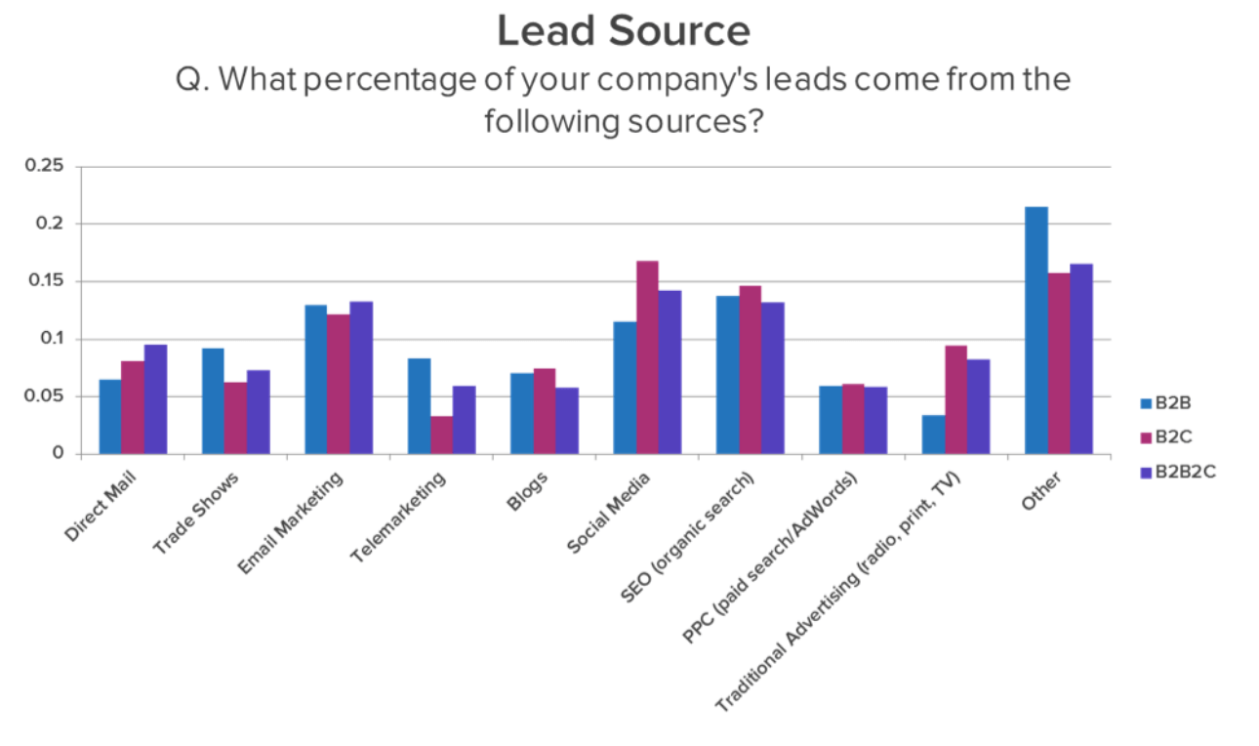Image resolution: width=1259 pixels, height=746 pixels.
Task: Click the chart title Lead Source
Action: pyautogui.click(x=624, y=30)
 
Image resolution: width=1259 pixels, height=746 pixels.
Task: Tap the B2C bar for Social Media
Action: pyautogui.click(x=647, y=357)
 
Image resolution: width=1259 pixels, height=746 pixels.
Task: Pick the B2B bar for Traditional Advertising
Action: pyautogui.click(x=933, y=435)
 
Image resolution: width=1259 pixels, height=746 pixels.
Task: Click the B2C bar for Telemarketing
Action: pyautogui.click(x=442, y=435)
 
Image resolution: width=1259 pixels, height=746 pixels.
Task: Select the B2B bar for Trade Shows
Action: pyautogui.click(x=213, y=400)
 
